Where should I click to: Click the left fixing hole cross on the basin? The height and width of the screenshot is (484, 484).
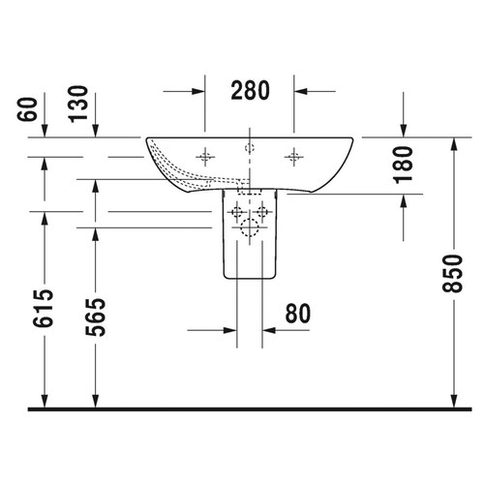click(206, 155)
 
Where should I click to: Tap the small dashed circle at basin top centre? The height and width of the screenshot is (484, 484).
click(250, 147)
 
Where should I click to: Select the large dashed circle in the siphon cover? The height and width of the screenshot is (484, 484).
click(250, 229)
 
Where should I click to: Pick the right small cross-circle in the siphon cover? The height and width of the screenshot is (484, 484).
click(261, 211)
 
